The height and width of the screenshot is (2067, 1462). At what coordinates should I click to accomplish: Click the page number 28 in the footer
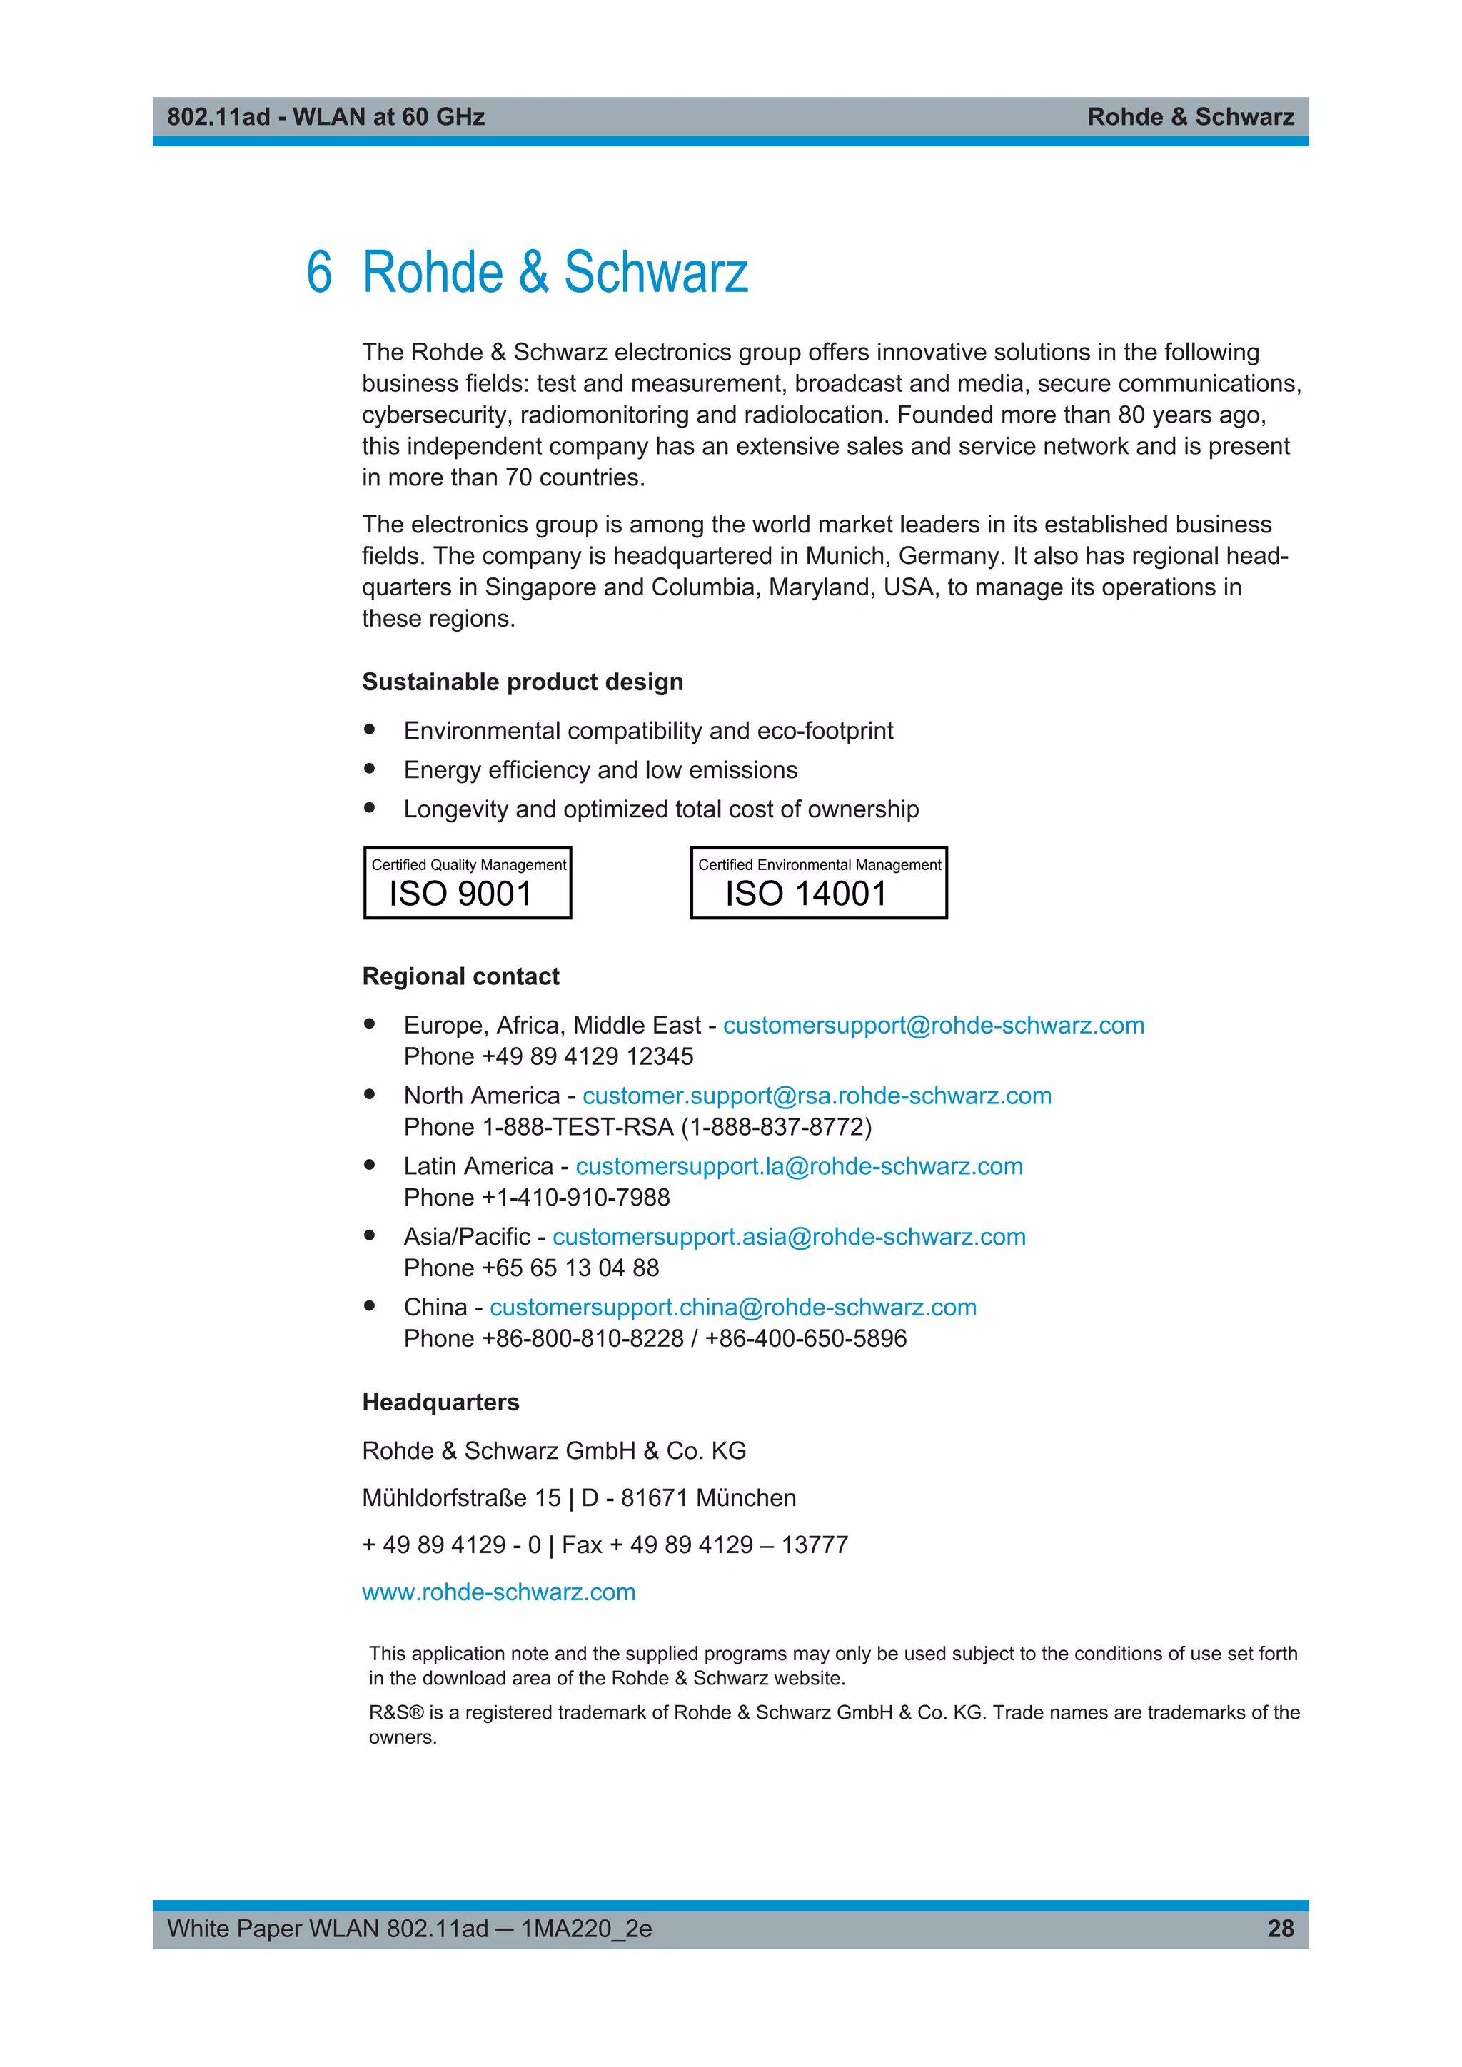point(1280,1929)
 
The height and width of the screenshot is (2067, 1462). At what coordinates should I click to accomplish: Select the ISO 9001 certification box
point(468,883)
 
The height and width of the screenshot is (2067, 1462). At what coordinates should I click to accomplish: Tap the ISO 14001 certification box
point(818,883)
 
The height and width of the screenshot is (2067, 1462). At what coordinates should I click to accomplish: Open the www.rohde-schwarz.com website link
point(499,1592)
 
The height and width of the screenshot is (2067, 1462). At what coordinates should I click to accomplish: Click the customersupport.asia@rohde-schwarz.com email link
point(789,1236)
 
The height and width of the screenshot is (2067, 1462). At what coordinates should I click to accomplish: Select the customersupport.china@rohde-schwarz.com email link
point(733,1306)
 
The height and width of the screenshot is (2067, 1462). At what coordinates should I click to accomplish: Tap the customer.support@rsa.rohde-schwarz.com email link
point(817,1096)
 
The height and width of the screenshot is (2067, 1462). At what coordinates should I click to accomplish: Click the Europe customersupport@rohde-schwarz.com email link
point(934,1026)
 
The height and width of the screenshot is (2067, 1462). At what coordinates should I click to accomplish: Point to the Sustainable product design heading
point(522,682)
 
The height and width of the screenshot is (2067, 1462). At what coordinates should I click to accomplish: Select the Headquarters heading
point(440,1402)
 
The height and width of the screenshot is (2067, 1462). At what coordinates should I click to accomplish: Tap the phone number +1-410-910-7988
point(575,1198)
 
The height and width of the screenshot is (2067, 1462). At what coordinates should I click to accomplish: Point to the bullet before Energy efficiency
point(369,769)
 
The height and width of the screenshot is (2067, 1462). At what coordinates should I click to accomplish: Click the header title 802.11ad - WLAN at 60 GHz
point(326,117)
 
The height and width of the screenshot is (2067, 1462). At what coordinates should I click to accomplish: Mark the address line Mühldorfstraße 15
point(461,1498)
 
